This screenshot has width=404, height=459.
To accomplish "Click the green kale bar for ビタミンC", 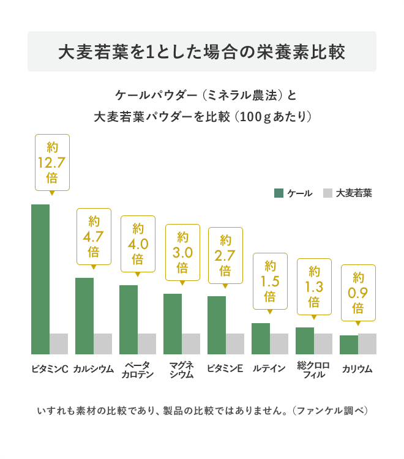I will click(40, 278).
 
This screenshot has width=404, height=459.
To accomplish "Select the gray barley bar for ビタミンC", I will click(59, 343).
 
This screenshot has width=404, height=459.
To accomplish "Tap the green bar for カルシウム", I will click(84, 315).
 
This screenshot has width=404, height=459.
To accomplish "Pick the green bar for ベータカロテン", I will click(129, 319).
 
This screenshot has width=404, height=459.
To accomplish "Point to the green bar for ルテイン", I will click(261, 338).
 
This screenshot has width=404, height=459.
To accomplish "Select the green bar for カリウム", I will click(349, 344).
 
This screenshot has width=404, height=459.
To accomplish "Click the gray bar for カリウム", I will click(367, 343).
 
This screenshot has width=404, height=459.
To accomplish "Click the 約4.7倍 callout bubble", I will click(94, 236).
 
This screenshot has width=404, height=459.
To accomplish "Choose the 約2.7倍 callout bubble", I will click(225, 255).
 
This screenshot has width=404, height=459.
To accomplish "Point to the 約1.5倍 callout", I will click(270, 281).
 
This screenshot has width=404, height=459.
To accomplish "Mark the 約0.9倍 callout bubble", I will click(358, 293).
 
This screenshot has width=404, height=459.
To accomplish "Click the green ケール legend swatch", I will click(279, 193).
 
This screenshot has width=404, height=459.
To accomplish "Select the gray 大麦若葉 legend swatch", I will click(327, 193).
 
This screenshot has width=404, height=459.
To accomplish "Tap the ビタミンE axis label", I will click(225, 368).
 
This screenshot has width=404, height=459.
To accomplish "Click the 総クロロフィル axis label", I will click(314, 370).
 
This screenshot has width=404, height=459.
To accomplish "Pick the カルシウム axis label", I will click(94, 368).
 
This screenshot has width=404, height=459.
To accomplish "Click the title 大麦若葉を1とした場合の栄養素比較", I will click(202, 51).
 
